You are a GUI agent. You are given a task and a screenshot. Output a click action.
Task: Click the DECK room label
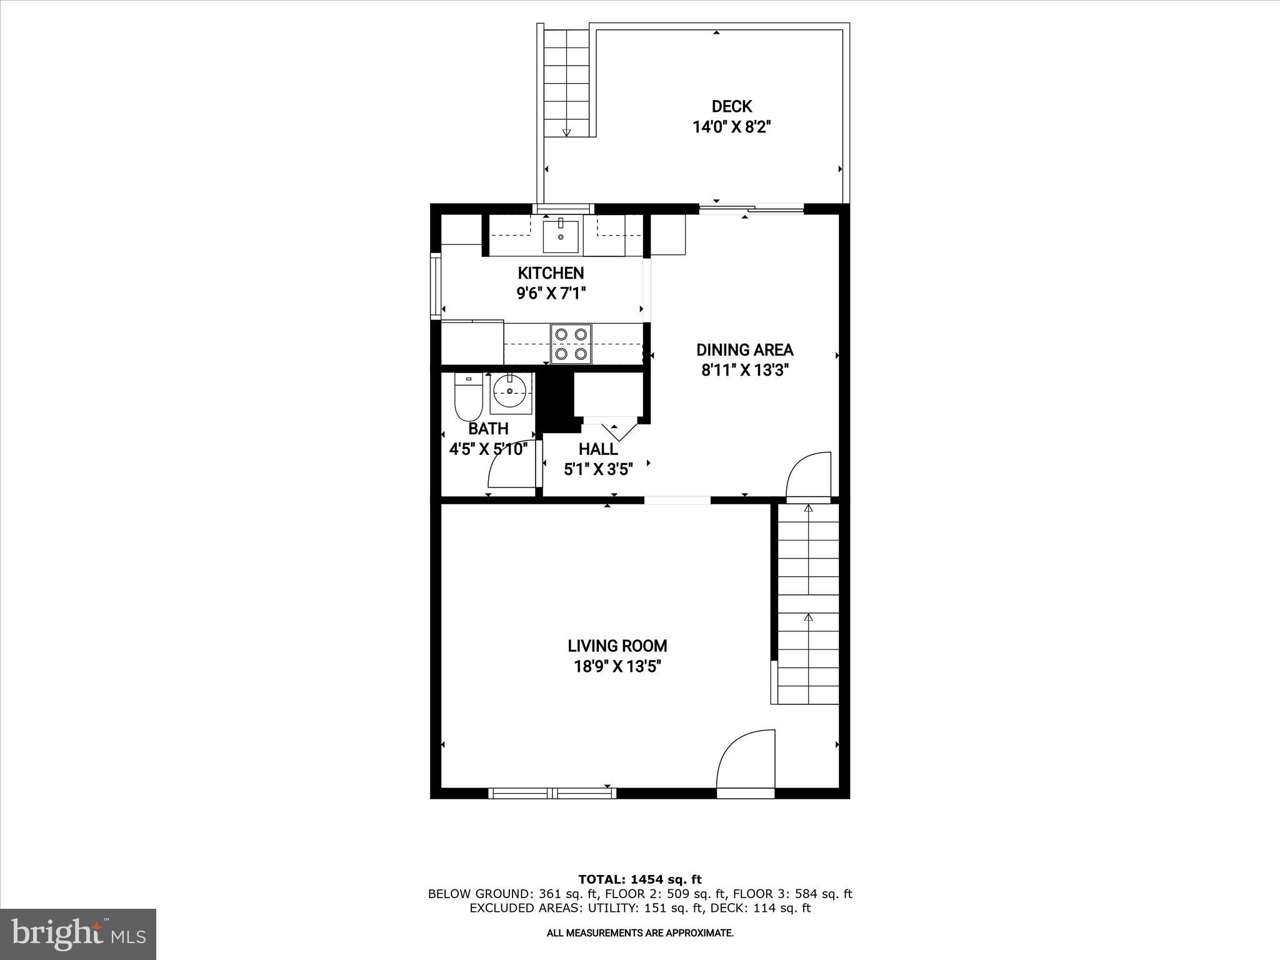731,106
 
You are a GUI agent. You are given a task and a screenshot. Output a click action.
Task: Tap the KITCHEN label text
551,273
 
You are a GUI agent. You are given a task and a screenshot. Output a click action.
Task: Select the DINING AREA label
744,350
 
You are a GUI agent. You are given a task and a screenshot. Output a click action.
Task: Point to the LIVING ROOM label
617,646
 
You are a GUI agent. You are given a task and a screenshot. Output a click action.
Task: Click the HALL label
598,449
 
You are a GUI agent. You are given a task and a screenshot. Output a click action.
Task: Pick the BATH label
488,429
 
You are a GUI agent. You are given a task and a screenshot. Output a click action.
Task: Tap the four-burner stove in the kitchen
571,343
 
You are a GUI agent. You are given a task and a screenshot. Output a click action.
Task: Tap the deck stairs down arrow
566,132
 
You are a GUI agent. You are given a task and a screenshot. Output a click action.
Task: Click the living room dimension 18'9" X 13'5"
617,667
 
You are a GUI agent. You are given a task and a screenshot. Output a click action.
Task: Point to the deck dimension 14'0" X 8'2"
731,127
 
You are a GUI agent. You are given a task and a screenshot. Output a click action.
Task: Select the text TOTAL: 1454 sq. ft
639,880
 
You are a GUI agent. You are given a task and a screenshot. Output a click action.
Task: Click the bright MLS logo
78,934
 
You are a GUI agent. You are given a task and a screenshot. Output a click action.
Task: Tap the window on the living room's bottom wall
552,793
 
